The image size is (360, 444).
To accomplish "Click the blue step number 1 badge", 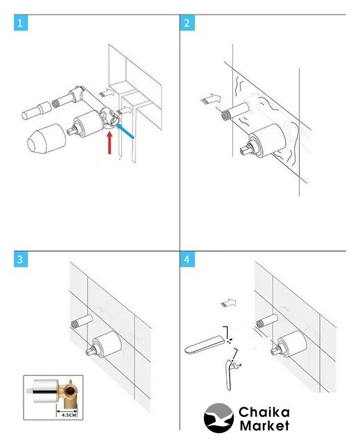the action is click(21, 23).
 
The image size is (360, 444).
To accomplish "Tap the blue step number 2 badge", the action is click(187, 23).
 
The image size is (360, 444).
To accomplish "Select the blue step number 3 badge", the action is click(21, 259).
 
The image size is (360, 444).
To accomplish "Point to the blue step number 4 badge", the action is click(187, 259).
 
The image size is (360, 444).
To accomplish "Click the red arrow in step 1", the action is click(110, 143).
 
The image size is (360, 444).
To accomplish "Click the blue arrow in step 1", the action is click(125, 131).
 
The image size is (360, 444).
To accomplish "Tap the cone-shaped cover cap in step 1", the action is click(46, 139).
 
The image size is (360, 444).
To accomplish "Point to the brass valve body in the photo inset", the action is click(67, 393).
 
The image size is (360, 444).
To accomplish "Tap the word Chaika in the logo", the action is click(264, 412).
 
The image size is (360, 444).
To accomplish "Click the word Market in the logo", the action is click(264, 425).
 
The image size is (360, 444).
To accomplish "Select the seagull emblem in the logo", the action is click(218, 418).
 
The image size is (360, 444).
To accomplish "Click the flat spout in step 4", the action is click(205, 344).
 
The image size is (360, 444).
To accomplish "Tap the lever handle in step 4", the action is click(230, 375).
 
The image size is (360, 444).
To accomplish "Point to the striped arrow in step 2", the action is click(211, 99).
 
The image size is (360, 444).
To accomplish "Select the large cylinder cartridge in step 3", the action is click(108, 345).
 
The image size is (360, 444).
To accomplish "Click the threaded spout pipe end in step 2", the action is click(226, 116).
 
